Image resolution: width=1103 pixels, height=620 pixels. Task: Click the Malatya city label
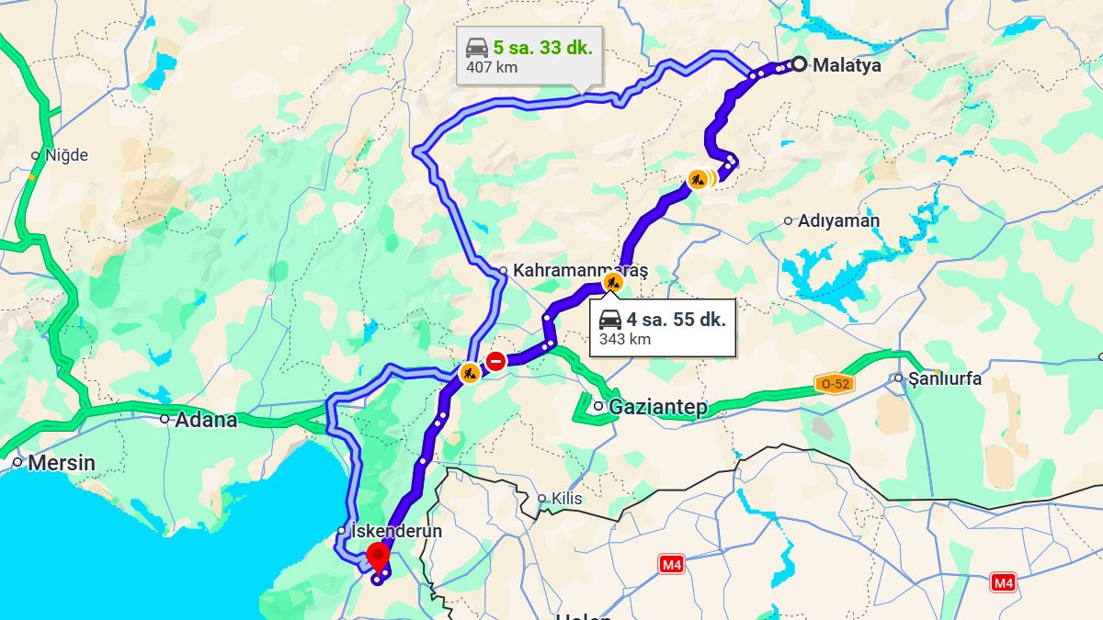(x=847, y=65)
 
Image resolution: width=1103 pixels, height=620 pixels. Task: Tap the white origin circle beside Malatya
(x=800, y=64)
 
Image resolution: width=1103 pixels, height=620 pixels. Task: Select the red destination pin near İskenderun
(x=378, y=555)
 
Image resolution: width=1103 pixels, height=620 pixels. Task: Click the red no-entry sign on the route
(x=496, y=361)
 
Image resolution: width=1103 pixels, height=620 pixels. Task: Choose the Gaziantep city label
(x=658, y=407)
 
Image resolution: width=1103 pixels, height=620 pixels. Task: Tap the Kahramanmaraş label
(x=580, y=271)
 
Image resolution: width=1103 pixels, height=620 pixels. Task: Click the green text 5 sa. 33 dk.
(x=542, y=48)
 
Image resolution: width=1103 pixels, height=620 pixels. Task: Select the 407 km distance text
(x=492, y=67)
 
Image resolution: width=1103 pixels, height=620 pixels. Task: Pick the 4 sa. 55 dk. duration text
(x=676, y=320)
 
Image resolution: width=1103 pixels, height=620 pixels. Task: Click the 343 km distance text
(x=625, y=339)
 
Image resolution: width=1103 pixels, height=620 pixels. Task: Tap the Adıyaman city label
(x=838, y=220)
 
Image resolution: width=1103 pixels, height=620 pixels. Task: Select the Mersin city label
(x=61, y=462)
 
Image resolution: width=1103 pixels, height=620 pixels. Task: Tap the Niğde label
(x=66, y=155)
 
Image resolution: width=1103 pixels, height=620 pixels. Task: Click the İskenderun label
(x=397, y=531)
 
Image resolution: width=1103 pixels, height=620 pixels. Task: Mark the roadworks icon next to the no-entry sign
(x=470, y=373)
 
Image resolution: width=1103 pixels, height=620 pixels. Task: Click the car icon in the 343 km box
(x=609, y=320)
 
